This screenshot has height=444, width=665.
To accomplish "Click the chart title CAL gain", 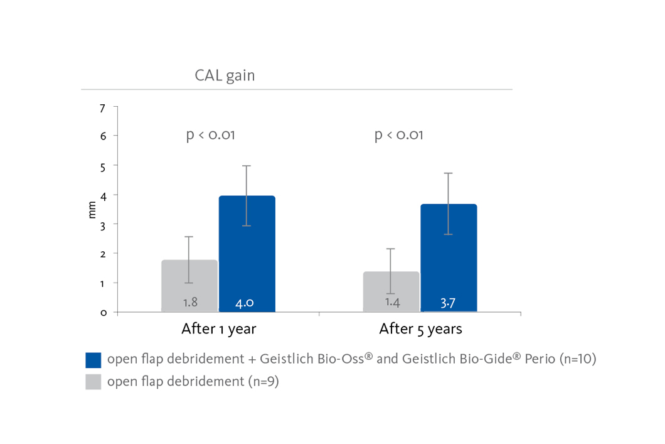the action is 225,75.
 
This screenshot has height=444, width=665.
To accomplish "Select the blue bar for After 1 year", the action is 247,254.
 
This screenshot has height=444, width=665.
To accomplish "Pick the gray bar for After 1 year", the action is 189,286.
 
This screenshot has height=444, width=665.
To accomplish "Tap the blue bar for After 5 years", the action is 449,258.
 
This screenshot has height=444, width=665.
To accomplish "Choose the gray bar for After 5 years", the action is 391,291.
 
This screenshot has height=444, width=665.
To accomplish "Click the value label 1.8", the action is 190,302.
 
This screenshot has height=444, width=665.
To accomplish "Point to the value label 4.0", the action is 245,303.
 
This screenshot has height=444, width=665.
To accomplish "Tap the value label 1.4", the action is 392,303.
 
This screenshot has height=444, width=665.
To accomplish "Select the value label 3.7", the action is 448,303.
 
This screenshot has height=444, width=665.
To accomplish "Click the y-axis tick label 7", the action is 103,109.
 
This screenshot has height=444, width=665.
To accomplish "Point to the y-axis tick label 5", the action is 103,168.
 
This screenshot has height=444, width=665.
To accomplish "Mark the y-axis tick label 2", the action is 103,254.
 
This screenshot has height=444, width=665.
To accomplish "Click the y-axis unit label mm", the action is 92,210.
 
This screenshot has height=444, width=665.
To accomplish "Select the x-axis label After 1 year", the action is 219,329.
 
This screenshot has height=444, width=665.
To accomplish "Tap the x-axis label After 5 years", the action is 421,329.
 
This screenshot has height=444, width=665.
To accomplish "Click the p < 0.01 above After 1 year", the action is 210,135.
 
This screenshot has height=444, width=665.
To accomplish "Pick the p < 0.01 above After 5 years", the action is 398,135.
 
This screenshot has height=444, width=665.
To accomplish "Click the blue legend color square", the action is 93,360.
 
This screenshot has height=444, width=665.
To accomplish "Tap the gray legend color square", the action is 93,382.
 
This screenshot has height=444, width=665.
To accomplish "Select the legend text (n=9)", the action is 262,382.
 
